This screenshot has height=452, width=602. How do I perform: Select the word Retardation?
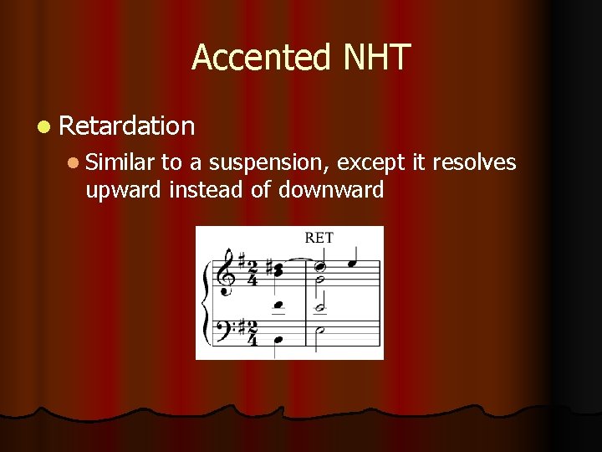pyautogui.click(x=127, y=126)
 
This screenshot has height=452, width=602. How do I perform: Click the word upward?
pyautogui.click(x=124, y=190)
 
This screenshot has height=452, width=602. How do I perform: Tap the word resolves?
pyautogui.click(x=474, y=163)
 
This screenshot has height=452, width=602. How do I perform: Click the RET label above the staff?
pyautogui.click(x=319, y=238)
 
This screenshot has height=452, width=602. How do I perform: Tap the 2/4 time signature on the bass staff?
pyautogui.click(x=252, y=331)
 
